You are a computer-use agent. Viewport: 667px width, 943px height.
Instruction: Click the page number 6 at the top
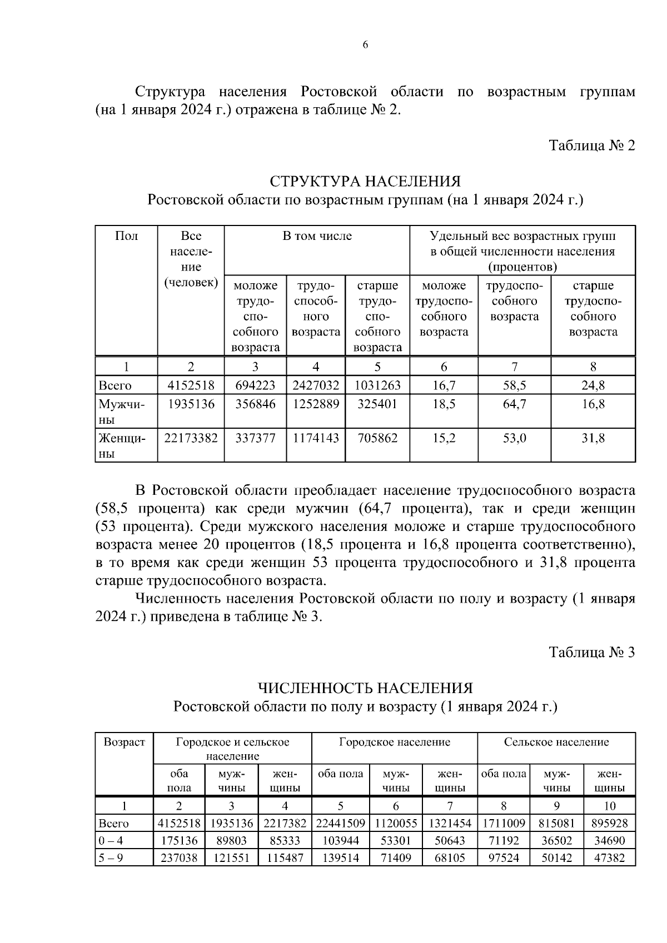tap(365, 46)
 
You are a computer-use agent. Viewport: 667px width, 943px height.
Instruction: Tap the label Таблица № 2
tap(591, 146)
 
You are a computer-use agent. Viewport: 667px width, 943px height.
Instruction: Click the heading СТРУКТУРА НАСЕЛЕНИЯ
tap(365, 182)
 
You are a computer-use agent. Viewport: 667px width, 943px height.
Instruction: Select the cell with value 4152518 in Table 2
tap(191, 385)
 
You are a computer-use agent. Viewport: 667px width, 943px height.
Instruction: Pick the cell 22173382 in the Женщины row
tap(191, 438)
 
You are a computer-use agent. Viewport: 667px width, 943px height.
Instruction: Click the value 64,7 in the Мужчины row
tap(514, 404)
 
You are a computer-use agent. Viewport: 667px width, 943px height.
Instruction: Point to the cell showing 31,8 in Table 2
tap(593, 438)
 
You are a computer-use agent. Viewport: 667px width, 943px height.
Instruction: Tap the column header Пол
tap(126, 236)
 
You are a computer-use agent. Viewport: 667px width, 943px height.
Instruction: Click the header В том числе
tap(317, 236)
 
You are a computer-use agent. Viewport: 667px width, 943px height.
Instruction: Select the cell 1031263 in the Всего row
tap(377, 385)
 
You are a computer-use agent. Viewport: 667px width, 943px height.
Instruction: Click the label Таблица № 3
tap(591, 652)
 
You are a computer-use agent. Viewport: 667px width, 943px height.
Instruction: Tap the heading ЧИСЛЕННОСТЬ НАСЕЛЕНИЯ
tap(365, 688)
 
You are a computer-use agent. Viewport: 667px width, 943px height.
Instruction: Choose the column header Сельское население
tap(556, 743)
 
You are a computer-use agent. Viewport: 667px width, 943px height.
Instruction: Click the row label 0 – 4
tap(111, 841)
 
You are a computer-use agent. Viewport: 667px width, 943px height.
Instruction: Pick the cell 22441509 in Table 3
tap(340, 824)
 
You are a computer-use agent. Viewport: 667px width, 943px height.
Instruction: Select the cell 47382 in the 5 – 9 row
tap(609, 858)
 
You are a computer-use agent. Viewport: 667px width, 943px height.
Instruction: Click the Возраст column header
tap(125, 743)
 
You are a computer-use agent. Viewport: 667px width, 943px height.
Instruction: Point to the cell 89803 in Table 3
tap(231, 841)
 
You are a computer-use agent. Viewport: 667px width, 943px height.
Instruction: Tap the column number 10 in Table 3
tap(609, 806)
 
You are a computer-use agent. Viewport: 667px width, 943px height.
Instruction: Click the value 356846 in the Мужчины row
tap(255, 404)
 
